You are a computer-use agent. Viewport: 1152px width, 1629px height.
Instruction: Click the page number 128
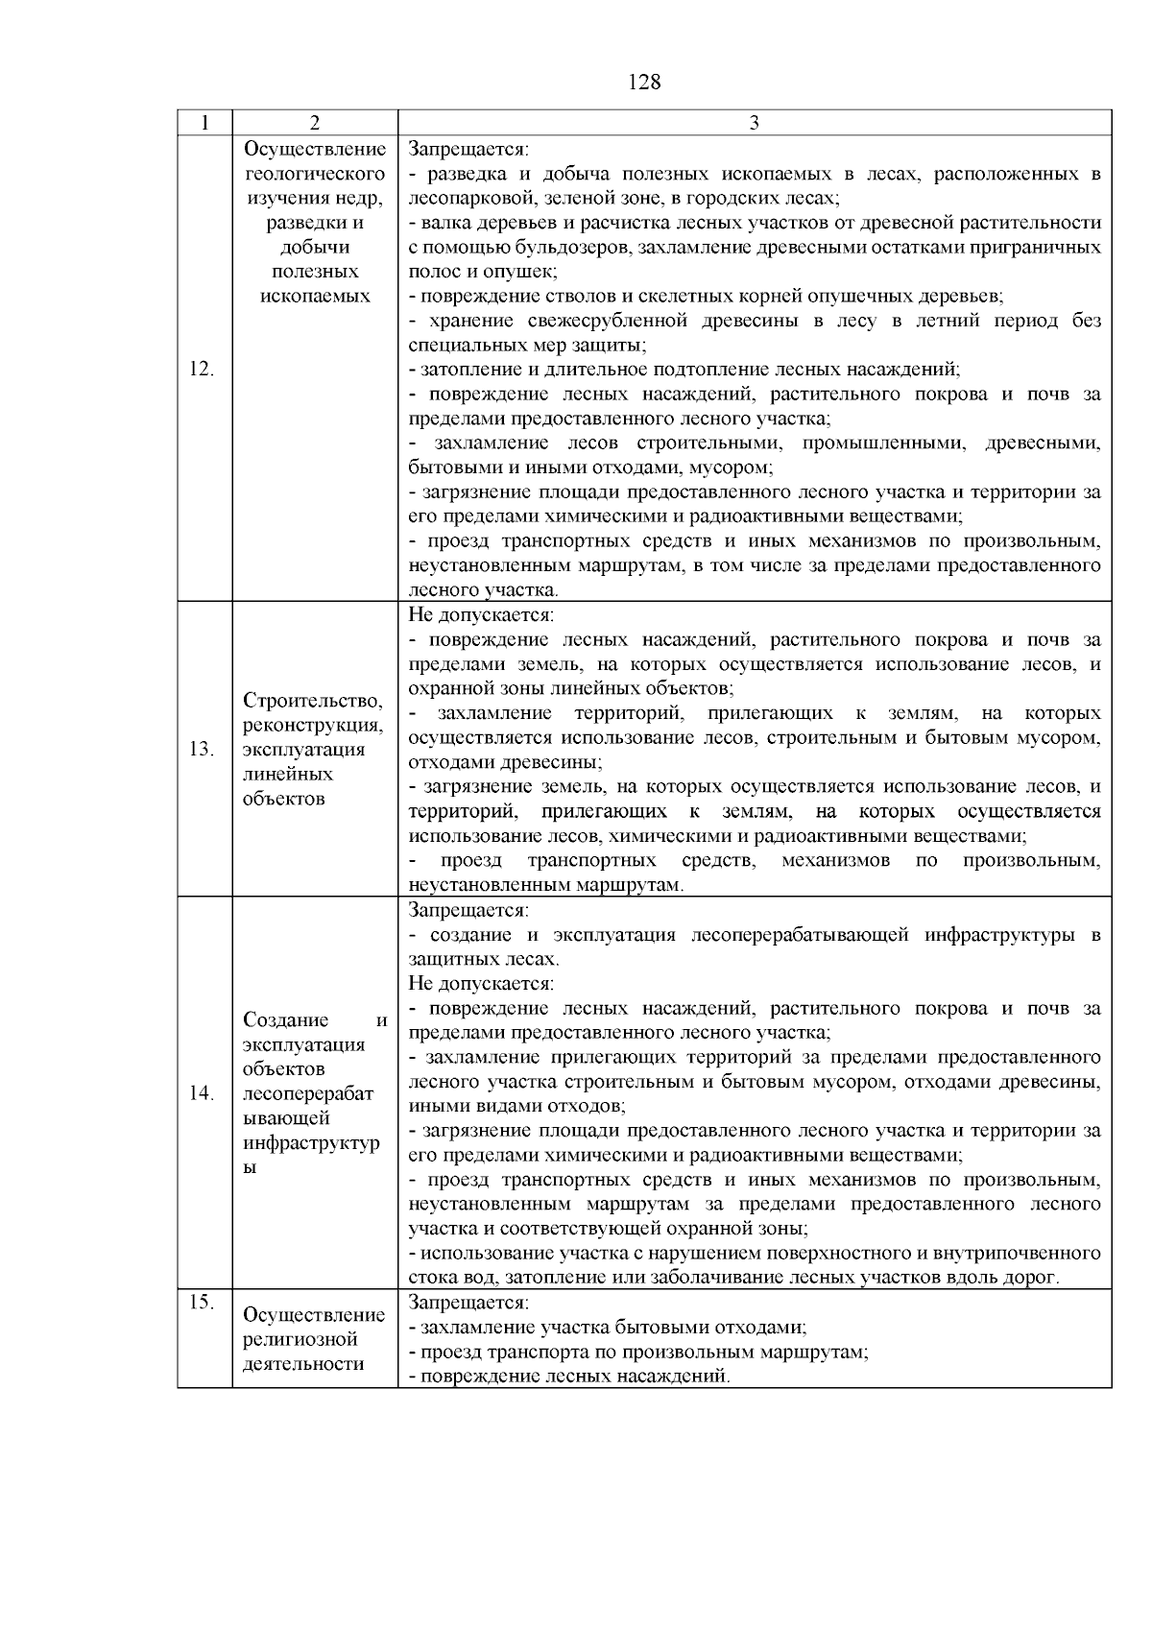[644, 83]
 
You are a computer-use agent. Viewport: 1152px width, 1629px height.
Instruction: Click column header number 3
[754, 123]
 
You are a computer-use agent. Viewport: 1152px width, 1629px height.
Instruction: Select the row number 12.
[202, 370]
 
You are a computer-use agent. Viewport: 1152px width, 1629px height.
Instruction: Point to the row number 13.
[202, 750]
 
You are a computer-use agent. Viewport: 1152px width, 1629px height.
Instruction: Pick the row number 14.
[202, 1093]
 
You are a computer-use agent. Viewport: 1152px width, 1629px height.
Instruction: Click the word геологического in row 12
[315, 174]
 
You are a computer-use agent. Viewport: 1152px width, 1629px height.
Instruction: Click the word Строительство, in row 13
[313, 700]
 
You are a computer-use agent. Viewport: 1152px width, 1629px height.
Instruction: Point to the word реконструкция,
[313, 725]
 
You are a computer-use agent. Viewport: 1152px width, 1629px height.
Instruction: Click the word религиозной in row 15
[300, 1339]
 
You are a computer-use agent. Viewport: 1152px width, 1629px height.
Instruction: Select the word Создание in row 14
[285, 1019]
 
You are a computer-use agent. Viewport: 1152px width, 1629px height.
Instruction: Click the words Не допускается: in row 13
[481, 615]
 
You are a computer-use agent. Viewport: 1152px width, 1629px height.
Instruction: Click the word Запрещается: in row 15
[468, 1303]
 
